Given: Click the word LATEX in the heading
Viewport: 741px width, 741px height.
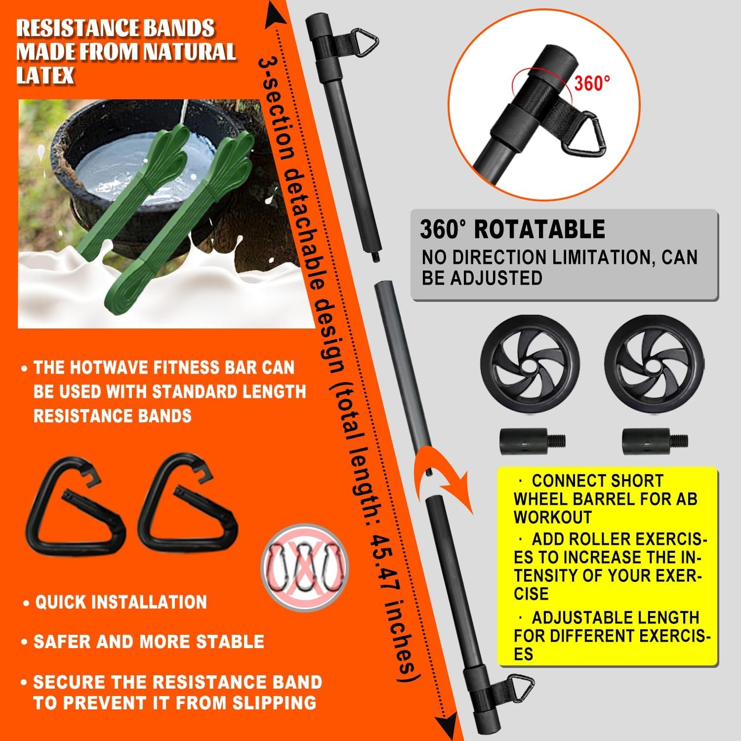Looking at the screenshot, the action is tap(45, 75).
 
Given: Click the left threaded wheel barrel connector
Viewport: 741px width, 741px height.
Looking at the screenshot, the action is tap(532, 440).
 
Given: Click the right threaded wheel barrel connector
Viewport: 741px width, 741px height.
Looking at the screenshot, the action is tap(655, 440).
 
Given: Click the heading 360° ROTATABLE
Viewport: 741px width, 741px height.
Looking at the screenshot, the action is tap(512, 229).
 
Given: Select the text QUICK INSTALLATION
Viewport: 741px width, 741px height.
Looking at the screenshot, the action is tap(121, 602).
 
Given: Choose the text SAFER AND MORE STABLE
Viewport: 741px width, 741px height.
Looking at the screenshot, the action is tap(149, 642).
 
